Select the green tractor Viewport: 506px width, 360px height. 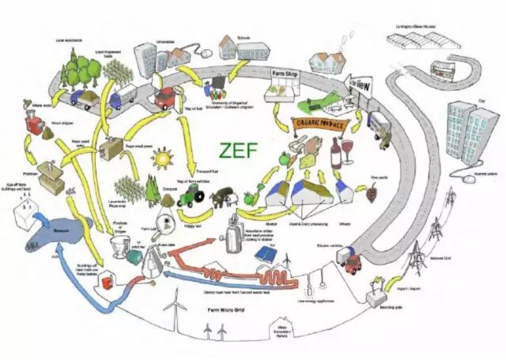(x=191, y=198)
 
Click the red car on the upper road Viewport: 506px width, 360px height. (x=164, y=99)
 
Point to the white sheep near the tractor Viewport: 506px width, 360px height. (x=216, y=196)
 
